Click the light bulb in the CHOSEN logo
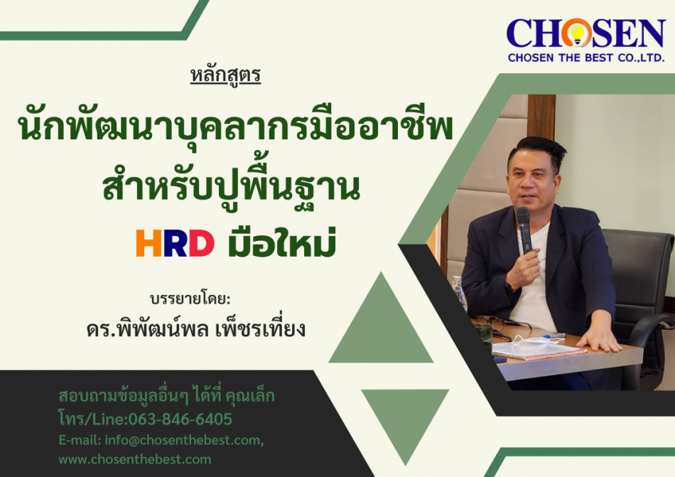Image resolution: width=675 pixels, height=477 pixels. pyautogui.click(x=577, y=33)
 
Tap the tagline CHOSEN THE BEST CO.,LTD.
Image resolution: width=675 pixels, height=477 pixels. pyautogui.click(x=586, y=58)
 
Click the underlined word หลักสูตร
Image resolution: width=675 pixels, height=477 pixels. pyautogui.click(x=225, y=75)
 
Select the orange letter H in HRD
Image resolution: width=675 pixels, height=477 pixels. pyautogui.click(x=146, y=243)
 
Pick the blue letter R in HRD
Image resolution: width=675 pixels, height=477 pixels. pyautogui.click(x=174, y=243)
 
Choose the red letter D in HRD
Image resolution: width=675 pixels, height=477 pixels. pyautogui.click(x=202, y=243)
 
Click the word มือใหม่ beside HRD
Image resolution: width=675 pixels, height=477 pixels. pyautogui.click(x=281, y=242)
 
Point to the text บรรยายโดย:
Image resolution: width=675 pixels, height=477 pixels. pyautogui.click(x=190, y=299)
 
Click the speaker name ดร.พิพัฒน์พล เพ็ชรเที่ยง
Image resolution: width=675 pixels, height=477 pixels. pyautogui.click(x=196, y=329)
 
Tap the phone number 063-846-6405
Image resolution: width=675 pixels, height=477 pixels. pyautogui.click(x=180, y=419)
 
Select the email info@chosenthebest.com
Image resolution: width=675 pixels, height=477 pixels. pyautogui.click(x=184, y=440)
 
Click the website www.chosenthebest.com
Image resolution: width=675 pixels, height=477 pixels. pyautogui.click(x=135, y=459)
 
